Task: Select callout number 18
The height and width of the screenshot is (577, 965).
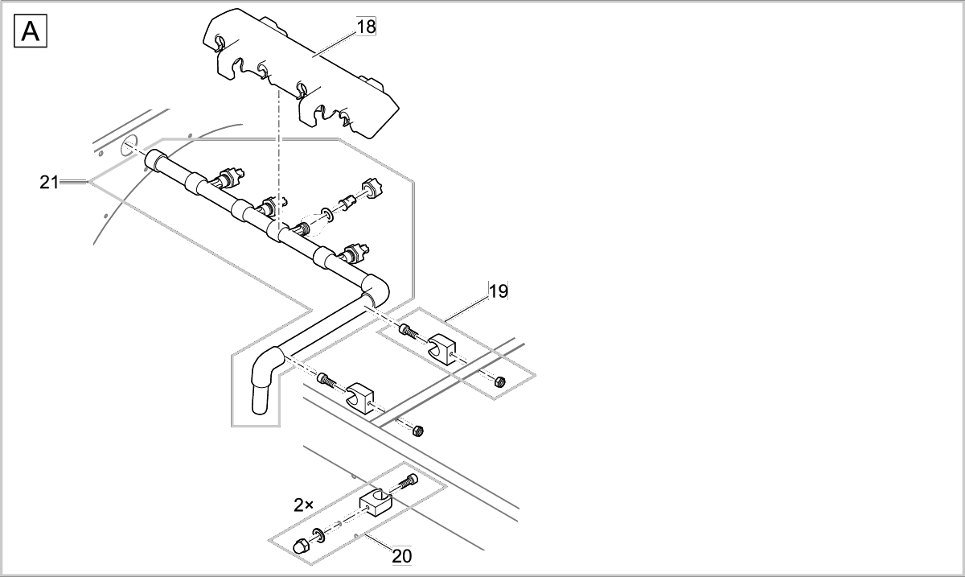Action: tap(366, 26)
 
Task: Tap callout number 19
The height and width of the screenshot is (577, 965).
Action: tap(499, 291)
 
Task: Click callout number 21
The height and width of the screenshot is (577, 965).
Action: tap(49, 183)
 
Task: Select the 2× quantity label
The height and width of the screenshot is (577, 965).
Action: tap(303, 505)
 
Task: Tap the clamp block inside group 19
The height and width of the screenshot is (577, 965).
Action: tap(441, 348)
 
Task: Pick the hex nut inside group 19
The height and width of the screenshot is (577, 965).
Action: tap(498, 381)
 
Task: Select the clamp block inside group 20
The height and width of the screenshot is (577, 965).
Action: tap(375, 502)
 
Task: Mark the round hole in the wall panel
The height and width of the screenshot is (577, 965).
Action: tap(129, 148)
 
